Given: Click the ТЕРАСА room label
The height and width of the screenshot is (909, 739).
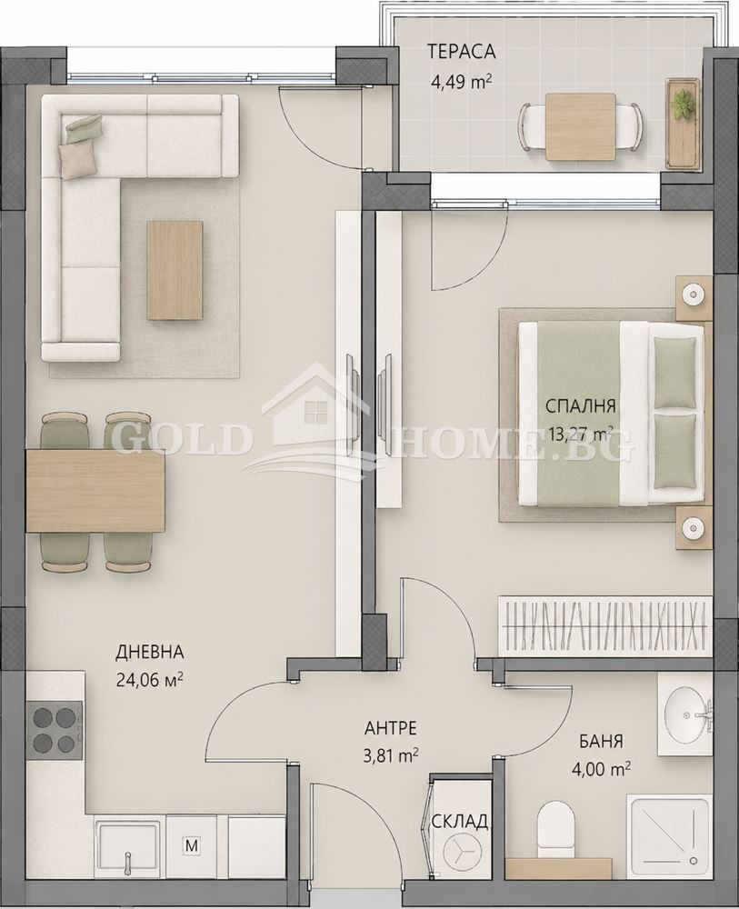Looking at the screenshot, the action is pos(462,52).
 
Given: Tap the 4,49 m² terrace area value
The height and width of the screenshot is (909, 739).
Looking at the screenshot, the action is pos(461,82).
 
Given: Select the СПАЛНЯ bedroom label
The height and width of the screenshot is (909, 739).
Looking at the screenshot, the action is pos(580,405).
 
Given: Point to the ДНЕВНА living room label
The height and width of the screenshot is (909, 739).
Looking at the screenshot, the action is pos(150,652).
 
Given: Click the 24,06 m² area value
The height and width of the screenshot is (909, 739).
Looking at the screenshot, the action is pos(150,679).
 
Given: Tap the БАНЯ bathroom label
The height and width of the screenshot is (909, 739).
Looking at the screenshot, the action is pos(601,741).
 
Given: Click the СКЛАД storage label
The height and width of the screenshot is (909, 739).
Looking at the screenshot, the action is pos(459,822).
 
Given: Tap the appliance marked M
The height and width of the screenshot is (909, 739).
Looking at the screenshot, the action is pos(191,845).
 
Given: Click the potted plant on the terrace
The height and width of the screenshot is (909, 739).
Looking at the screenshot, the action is pos(683,105).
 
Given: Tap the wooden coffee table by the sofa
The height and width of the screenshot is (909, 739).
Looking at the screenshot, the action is pos(175,270).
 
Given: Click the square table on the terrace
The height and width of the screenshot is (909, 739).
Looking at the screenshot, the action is pos(580,126).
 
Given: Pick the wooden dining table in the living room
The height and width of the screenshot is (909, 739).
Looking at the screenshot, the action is pos(95,492).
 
